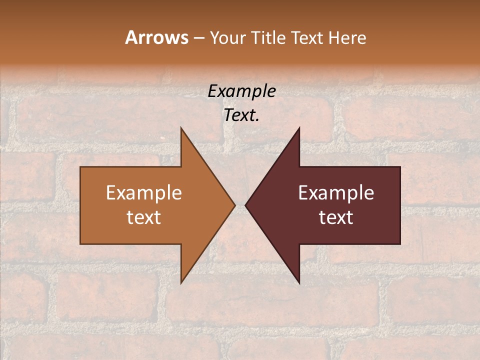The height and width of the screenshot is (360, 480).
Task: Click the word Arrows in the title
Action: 156,37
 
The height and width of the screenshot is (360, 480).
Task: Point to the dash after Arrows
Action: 198,38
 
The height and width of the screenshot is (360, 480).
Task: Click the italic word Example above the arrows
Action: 241,91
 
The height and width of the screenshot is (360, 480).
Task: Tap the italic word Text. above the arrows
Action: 241,115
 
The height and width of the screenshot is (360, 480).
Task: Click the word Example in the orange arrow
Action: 144,193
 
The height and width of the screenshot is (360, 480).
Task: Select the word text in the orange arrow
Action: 144,217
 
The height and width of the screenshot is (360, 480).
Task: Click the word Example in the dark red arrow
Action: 336,193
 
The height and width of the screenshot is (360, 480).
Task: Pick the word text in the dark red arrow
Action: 336,217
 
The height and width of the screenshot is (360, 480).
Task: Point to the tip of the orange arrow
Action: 234,205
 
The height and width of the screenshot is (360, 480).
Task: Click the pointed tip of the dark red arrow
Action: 246,205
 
